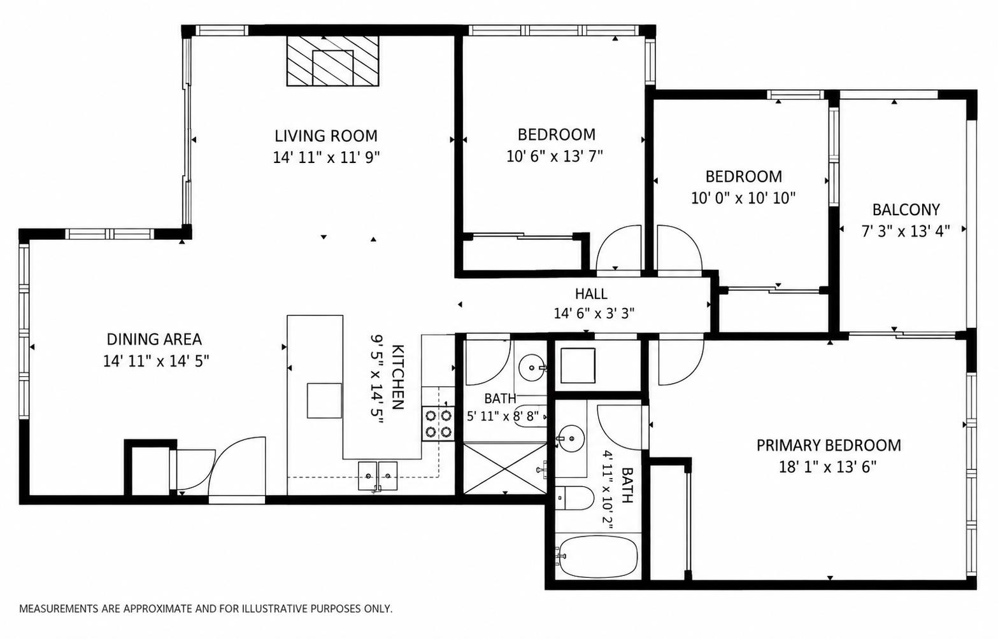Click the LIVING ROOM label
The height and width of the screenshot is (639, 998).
pyautogui.click(x=325, y=136)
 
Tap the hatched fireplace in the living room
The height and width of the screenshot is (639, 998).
pyautogui.click(x=333, y=61)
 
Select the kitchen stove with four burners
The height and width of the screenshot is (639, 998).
pyautogui.click(x=438, y=423)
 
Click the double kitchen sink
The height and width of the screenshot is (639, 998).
pyautogui.click(x=378, y=476)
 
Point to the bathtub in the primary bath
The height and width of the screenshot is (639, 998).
pyautogui.click(x=599, y=557)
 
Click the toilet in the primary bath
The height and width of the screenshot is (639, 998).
pyautogui.click(x=576, y=498)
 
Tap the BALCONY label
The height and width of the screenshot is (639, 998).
pyautogui.click(x=906, y=209)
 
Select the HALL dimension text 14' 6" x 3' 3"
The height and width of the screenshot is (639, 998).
pyautogui.click(x=594, y=314)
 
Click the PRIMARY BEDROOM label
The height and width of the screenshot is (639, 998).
pyautogui.click(x=829, y=446)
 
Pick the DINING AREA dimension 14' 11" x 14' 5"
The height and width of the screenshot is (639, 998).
pyautogui.click(x=156, y=361)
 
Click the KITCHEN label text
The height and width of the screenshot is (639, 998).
pyautogui.click(x=397, y=377)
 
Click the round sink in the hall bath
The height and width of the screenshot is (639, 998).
pyautogui.click(x=532, y=368)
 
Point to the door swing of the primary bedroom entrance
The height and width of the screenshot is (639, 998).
pyautogui.click(x=681, y=361)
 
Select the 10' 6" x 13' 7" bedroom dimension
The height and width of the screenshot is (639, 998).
pyautogui.click(x=555, y=157)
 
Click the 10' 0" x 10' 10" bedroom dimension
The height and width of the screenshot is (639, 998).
pyautogui.click(x=743, y=198)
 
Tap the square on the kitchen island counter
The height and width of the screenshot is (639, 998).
pyautogui.click(x=324, y=400)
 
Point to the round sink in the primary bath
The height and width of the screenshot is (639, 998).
pyautogui.click(x=571, y=438)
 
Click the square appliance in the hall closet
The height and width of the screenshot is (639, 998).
pyautogui.click(x=578, y=365)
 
